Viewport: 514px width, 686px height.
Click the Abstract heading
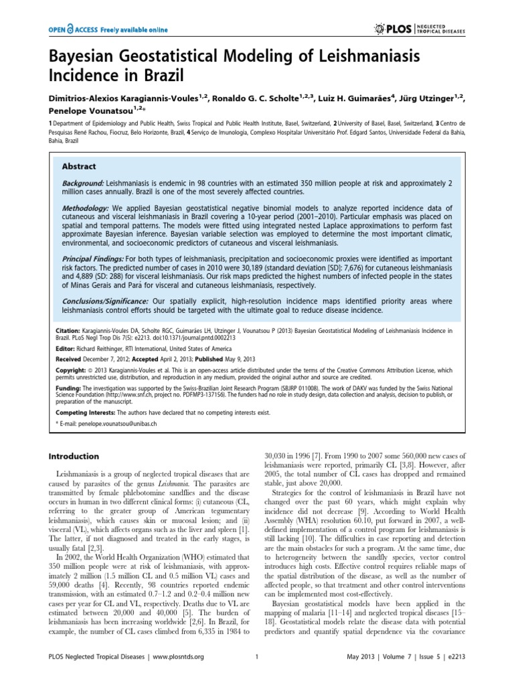tap(79, 166)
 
